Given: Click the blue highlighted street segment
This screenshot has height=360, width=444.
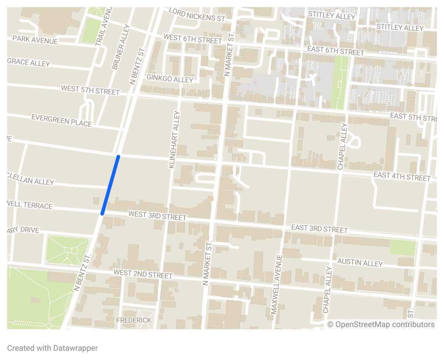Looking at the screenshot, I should (x=110, y=185).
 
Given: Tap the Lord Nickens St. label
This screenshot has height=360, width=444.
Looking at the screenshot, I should (x=197, y=15).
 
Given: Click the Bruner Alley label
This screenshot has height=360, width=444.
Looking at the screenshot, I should (x=121, y=47).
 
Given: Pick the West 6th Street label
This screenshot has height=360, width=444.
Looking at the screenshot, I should (x=192, y=38).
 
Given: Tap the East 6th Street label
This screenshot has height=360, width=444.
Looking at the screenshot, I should (x=336, y=51).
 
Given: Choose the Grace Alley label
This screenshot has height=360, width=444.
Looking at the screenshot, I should (x=28, y=62).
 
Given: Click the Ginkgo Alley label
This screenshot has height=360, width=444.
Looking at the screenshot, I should (x=170, y=78).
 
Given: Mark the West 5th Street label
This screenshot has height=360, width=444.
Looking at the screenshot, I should (x=90, y=90).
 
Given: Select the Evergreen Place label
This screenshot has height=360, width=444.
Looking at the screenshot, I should (x=61, y=120).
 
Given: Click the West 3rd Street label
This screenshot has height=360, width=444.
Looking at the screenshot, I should (x=157, y=215).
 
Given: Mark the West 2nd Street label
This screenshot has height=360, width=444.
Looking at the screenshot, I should (x=143, y=274).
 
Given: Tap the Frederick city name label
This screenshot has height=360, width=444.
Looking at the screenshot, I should (x=134, y=320).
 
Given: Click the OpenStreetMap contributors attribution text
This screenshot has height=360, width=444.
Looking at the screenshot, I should (x=381, y=325).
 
